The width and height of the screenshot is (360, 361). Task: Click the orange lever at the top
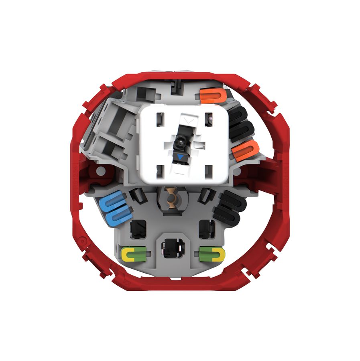[x=212, y=95]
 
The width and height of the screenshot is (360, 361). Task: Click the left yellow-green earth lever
[x=134, y=253]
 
